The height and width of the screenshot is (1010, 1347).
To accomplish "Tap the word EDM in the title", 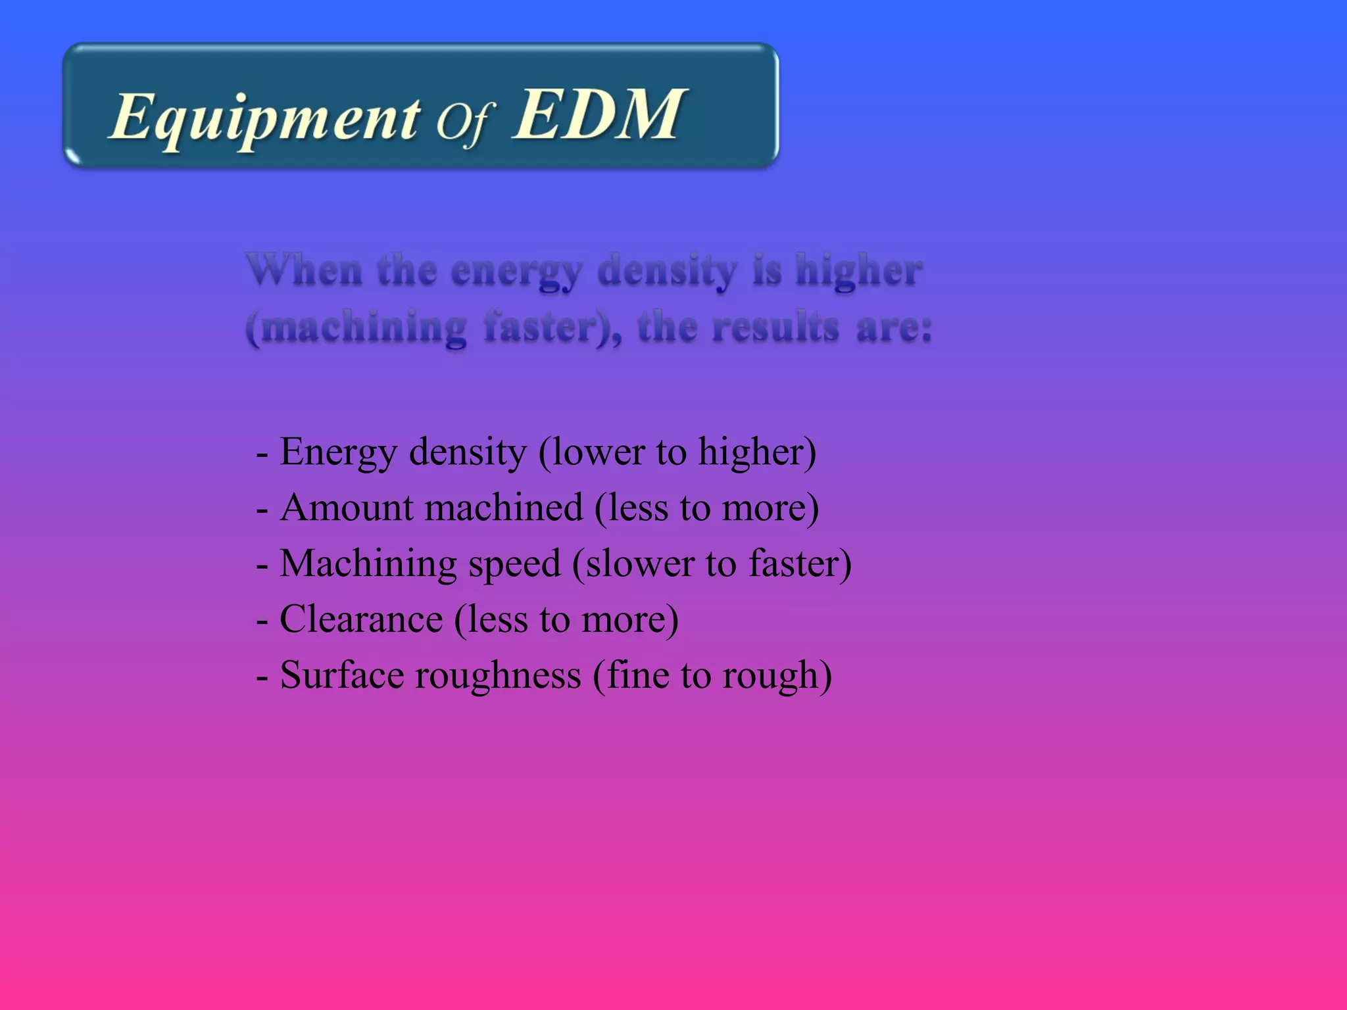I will click(x=599, y=114).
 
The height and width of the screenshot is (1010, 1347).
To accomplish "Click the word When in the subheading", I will click(x=305, y=270).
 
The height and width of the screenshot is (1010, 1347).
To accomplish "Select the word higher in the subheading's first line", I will click(x=858, y=271).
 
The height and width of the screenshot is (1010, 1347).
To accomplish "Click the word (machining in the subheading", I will click(x=356, y=327).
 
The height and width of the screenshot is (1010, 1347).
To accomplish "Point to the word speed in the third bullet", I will click(x=514, y=564).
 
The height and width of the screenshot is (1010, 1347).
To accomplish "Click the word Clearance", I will click(x=361, y=619).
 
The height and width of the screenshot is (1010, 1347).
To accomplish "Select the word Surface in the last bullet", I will click(x=341, y=675).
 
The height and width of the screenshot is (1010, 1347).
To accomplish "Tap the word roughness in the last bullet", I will click(x=497, y=675).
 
